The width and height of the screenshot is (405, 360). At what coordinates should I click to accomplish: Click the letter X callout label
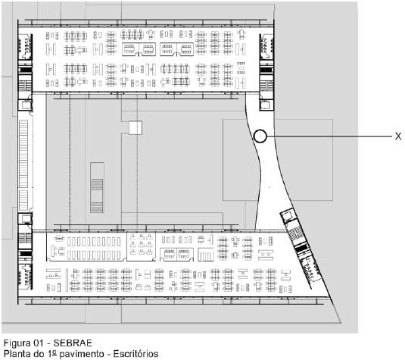point(398,136)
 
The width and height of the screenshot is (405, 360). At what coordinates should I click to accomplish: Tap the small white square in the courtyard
point(136,127)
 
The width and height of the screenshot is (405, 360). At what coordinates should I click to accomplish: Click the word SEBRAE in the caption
point(73,343)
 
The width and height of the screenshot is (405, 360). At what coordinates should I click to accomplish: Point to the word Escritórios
point(136,353)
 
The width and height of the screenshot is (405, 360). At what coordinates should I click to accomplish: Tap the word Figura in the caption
point(17,343)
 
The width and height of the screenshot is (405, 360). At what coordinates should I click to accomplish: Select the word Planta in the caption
point(17,353)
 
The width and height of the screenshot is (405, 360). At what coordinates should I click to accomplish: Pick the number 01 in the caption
point(39,343)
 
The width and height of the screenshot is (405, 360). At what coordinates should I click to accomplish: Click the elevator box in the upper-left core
point(26,105)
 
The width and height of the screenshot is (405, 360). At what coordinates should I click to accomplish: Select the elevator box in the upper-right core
point(266,105)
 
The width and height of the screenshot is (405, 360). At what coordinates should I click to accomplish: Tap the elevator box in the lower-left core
point(26,218)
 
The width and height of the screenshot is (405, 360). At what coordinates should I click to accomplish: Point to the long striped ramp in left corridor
point(23,165)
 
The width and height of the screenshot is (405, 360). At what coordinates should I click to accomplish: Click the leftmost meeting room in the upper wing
point(130,49)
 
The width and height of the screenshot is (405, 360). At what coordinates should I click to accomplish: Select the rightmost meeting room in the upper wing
point(185,49)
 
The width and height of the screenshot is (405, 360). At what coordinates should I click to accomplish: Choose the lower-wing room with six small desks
point(141,245)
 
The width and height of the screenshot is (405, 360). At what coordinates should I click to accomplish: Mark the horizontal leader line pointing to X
point(329,136)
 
